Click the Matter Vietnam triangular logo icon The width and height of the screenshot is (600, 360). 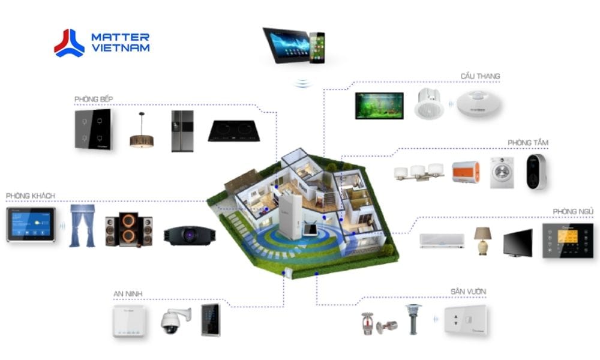click(x=69, y=43)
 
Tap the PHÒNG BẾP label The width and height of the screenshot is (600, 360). click(x=94, y=98)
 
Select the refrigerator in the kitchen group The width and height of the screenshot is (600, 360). click(x=182, y=130)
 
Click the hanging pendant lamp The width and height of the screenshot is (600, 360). click(x=142, y=133)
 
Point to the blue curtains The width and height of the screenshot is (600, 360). click(x=82, y=226)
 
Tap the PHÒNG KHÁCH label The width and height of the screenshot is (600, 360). click(x=31, y=196)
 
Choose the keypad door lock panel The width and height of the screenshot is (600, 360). click(x=211, y=319)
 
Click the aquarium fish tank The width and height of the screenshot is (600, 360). click(x=379, y=106)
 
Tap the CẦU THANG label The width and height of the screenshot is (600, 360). click(x=480, y=76)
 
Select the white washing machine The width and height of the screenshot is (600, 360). click(x=502, y=172)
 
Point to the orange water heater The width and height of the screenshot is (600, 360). click(x=466, y=172)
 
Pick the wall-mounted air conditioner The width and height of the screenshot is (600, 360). click(x=441, y=241)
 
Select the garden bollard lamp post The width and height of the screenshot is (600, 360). click(x=412, y=318)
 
